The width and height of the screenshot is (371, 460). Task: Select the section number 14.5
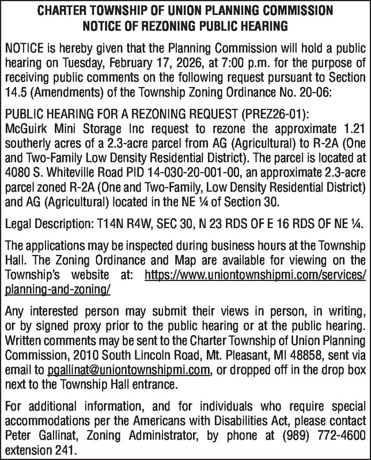click(x=16, y=93)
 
